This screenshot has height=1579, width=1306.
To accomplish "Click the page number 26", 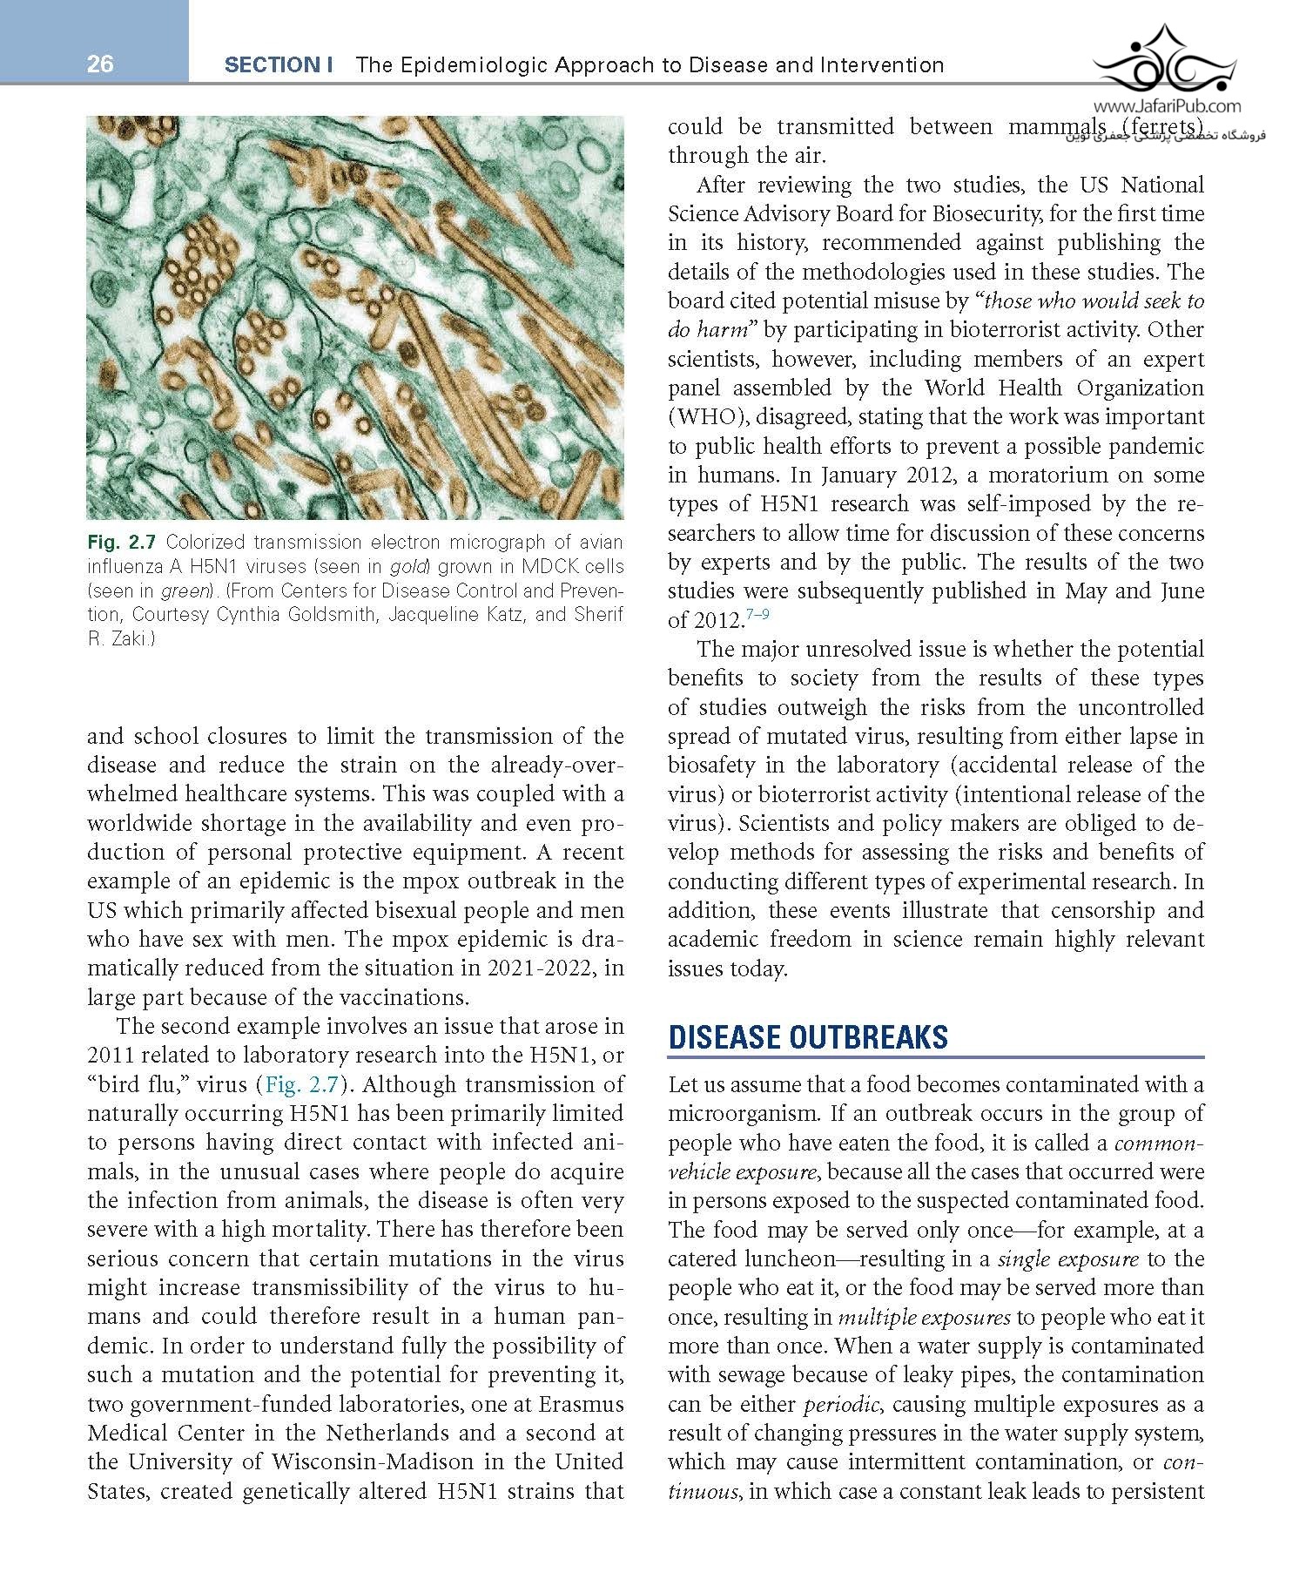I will coord(100,64).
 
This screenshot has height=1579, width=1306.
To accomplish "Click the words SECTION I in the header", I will coord(279,64).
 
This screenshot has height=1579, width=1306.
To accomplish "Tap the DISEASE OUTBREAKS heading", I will coord(808,1037).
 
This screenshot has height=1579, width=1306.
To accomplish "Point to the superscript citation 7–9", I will coord(757,615).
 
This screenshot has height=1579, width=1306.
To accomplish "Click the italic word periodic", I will coord(835,1404).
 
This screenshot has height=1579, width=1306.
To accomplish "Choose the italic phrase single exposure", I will coord(1067,1259).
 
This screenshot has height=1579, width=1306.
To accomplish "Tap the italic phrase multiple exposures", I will coord(956,1317).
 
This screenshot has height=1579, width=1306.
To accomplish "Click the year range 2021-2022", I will coord(536,968).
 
